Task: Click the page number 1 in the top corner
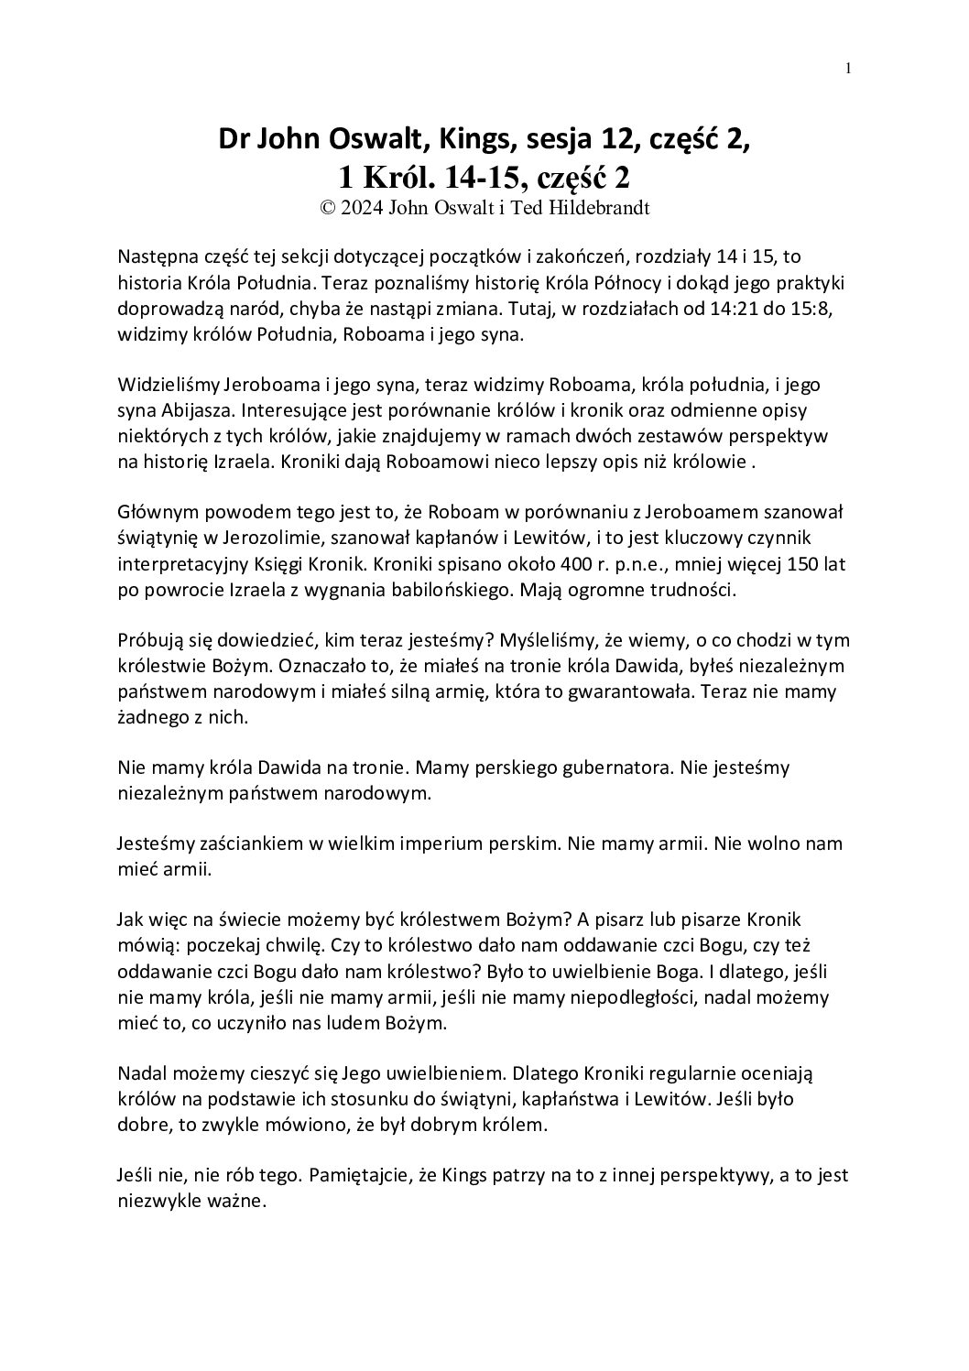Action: click(x=849, y=68)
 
